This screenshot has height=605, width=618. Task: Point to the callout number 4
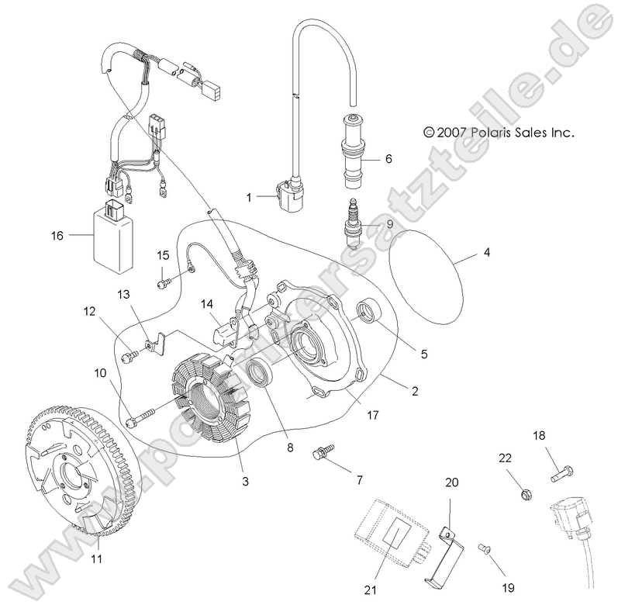[x=486, y=253]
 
